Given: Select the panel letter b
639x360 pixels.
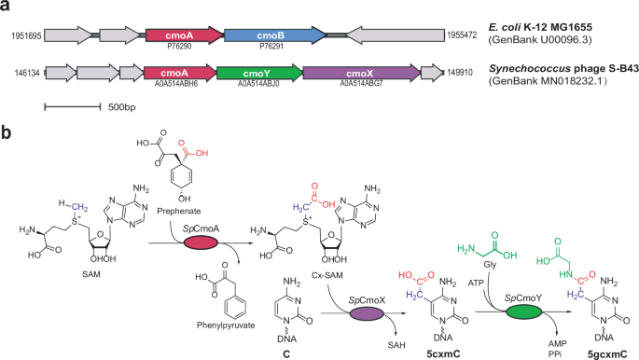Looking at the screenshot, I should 7,132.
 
